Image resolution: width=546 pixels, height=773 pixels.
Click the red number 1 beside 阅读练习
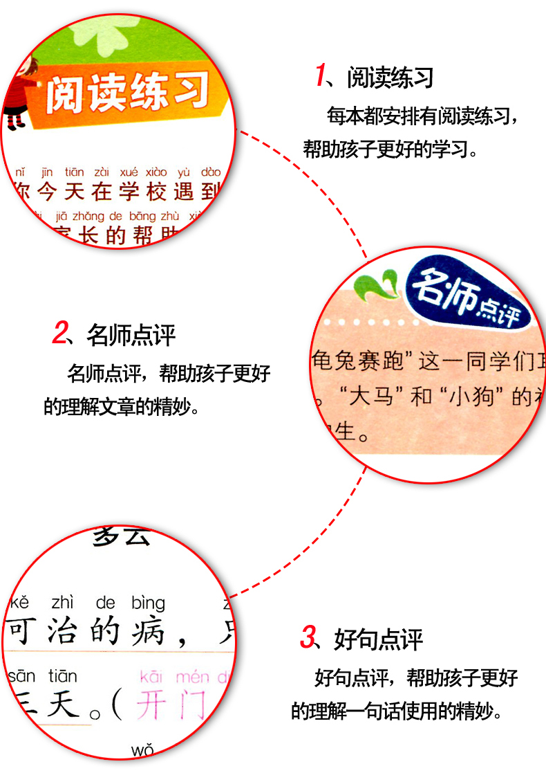[x=320, y=75]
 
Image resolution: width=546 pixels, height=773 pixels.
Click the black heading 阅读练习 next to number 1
[x=390, y=78]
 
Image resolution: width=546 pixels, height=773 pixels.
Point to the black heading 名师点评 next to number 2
[x=131, y=336]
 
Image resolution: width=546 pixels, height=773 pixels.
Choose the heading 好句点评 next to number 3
[x=378, y=639]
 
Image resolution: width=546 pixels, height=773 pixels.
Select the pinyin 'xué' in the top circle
[x=129, y=172]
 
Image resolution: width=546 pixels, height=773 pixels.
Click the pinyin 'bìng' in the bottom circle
[x=148, y=602]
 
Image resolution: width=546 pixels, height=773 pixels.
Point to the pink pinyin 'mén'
[x=192, y=676]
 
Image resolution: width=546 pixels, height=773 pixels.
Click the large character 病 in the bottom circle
[x=147, y=632]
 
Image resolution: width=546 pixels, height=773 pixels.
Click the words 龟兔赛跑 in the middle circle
[x=352, y=361]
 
